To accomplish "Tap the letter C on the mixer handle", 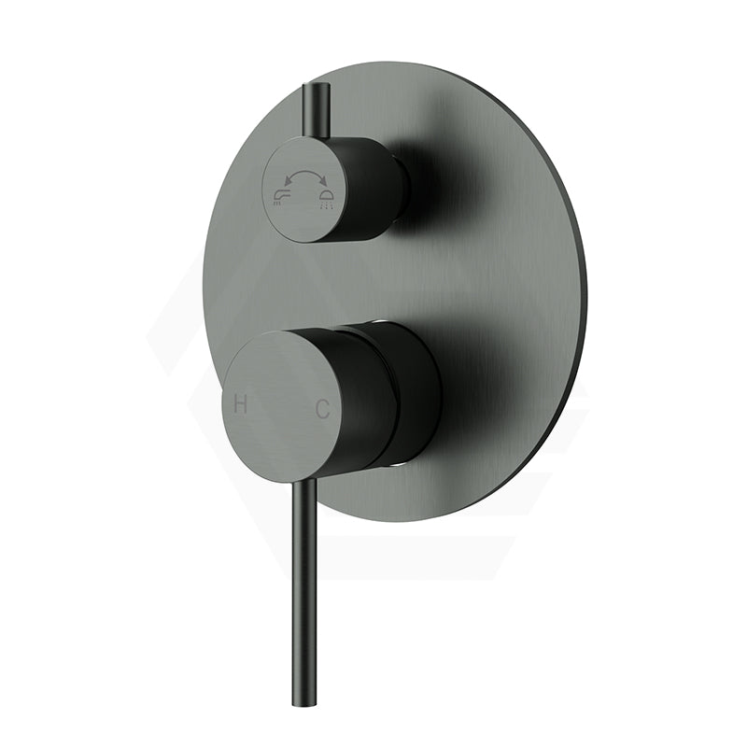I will click(322, 408).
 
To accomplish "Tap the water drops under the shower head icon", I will click(327, 205).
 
